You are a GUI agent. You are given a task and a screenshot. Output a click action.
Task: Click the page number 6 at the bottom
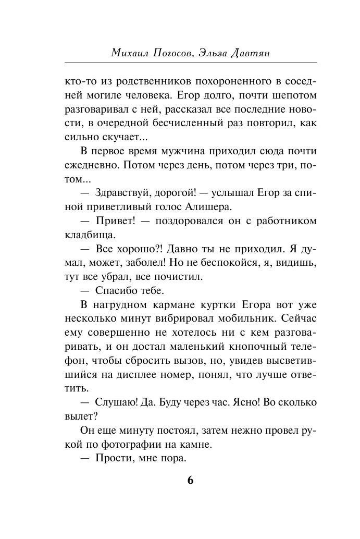[x=190, y=480]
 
